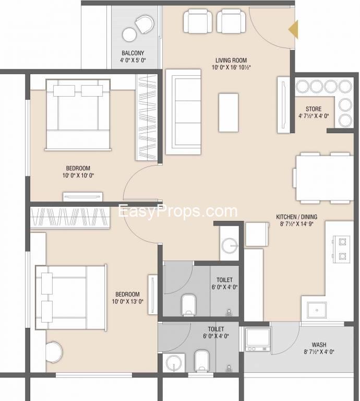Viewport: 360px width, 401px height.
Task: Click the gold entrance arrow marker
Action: (294, 29)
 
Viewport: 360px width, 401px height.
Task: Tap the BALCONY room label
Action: (133, 53)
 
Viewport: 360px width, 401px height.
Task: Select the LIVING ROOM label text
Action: (231, 61)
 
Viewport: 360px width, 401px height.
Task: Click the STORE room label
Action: (314, 109)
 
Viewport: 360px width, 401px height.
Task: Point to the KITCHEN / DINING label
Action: (297, 217)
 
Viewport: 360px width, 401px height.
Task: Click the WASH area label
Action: (319, 345)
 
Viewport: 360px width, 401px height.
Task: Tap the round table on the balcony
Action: (129, 34)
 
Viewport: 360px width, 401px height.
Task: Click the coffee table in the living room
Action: (229, 113)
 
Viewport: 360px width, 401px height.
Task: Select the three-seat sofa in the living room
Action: (183, 112)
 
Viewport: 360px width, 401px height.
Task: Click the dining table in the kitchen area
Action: (325, 178)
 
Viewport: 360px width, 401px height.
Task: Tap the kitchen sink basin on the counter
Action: (317, 310)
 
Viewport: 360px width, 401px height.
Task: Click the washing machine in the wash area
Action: (258, 339)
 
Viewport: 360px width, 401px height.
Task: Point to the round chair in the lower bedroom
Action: (54, 351)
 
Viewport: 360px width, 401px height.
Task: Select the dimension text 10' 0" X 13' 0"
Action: (127, 301)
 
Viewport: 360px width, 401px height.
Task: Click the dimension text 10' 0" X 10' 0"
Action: (78, 175)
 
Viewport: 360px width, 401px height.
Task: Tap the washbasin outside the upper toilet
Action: (230, 245)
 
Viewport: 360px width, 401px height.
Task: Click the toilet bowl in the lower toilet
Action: (202, 361)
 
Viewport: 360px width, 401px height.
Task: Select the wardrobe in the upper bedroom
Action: (147, 117)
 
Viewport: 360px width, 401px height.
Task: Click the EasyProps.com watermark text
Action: (177, 212)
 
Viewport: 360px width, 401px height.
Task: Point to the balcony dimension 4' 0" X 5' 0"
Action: (133, 61)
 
